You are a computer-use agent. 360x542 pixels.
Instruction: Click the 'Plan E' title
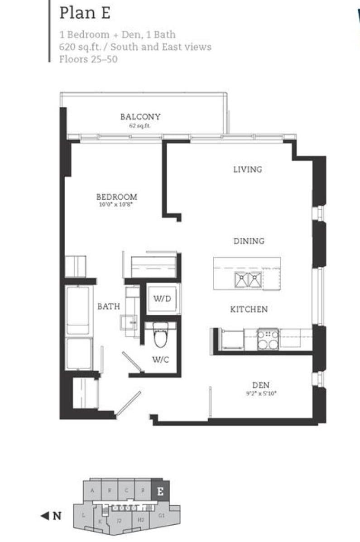click(x=85, y=13)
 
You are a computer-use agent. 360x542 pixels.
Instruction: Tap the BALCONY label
click(x=140, y=117)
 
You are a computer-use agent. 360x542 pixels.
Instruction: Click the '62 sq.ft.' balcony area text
click(x=140, y=125)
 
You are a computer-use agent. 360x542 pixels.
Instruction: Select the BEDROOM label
click(x=116, y=197)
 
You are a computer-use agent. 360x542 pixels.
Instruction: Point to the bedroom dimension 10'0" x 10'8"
click(x=116, y=205)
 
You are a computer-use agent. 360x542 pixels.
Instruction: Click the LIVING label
click(x=248, y=169)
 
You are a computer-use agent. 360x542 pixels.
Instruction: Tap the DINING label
click(x=249, y=241)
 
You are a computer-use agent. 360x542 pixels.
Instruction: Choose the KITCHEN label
click(x=249, y=310)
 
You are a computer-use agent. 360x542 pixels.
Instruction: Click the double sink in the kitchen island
click(x=248, y=280)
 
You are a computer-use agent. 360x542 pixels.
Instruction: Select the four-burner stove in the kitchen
click(x=268, y=339)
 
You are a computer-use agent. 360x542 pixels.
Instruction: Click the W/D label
click(x=162, y=298)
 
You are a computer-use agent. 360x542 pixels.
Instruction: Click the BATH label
click(x=109, y=307)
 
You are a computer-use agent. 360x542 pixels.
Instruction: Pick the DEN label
click(x=261, y=385)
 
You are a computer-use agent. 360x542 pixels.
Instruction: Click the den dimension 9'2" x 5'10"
click(x=261, y=393)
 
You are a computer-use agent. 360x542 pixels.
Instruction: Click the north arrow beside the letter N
click(x=44, y=515)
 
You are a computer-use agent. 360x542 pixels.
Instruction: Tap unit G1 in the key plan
click(x=162, y=515)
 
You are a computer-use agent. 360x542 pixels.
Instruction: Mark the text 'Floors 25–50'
click(x=88, y=59)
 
